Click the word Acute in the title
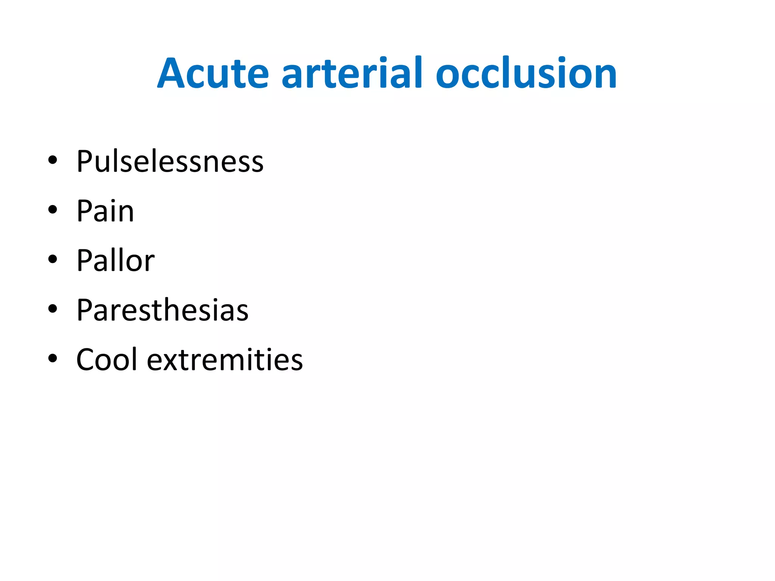(213, 74)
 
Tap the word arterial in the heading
(352, 74)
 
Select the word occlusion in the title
(526, 74)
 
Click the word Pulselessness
(170, 162)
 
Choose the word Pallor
(115, 261)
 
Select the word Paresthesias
(162, 310)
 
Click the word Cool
(106, 359)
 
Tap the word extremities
(225, 359)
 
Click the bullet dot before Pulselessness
(53, 160)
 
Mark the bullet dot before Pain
(53, 210)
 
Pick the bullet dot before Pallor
(53, 259)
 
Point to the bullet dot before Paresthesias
(53, 309)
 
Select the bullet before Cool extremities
(53, 358)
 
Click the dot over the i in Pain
(113, 201)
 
